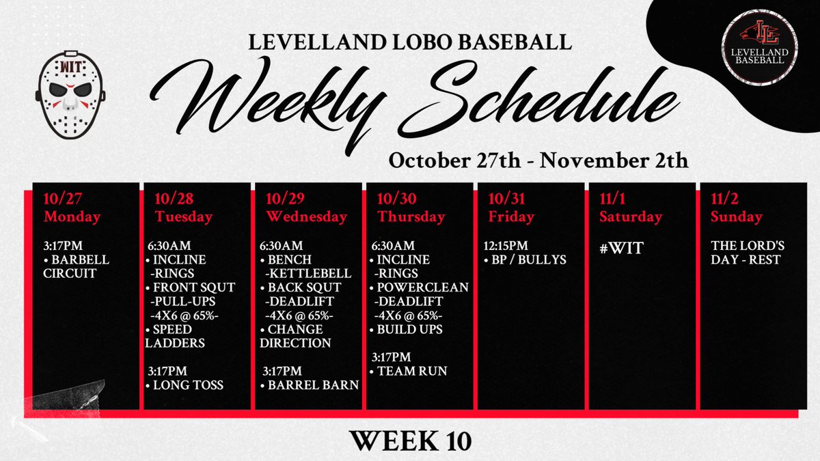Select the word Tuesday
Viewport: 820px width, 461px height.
click(x=183, y=216)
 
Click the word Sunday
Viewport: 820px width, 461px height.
click(x=736, y=216)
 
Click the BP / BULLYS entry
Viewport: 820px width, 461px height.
click(x=522, y=260)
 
